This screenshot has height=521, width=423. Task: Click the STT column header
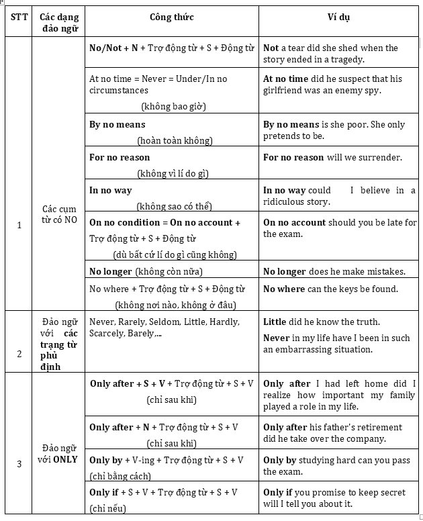pos(19,16)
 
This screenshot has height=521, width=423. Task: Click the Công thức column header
pos(172,16)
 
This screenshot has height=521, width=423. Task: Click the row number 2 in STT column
pos(19,354)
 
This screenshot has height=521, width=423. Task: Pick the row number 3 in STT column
pos(19,463)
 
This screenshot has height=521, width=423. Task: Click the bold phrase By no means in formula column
pos(117,124)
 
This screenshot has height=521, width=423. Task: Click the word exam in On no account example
pos(289,234)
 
